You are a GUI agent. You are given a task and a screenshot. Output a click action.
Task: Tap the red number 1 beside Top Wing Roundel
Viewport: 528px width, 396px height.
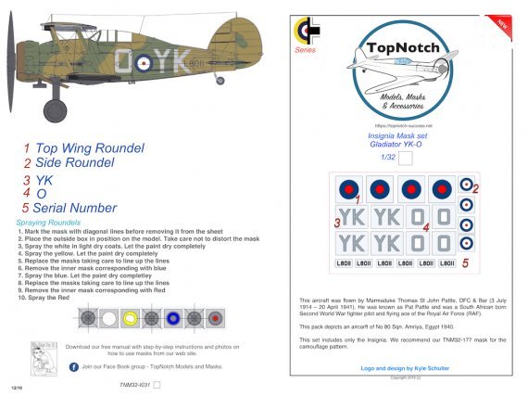[28, 148]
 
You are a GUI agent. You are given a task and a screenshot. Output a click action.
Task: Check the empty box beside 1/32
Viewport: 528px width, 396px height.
[404, 158]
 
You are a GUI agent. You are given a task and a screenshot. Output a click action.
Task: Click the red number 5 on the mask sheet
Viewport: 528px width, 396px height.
[466, 263]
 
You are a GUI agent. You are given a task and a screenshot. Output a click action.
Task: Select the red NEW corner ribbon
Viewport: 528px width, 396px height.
[504, 19]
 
